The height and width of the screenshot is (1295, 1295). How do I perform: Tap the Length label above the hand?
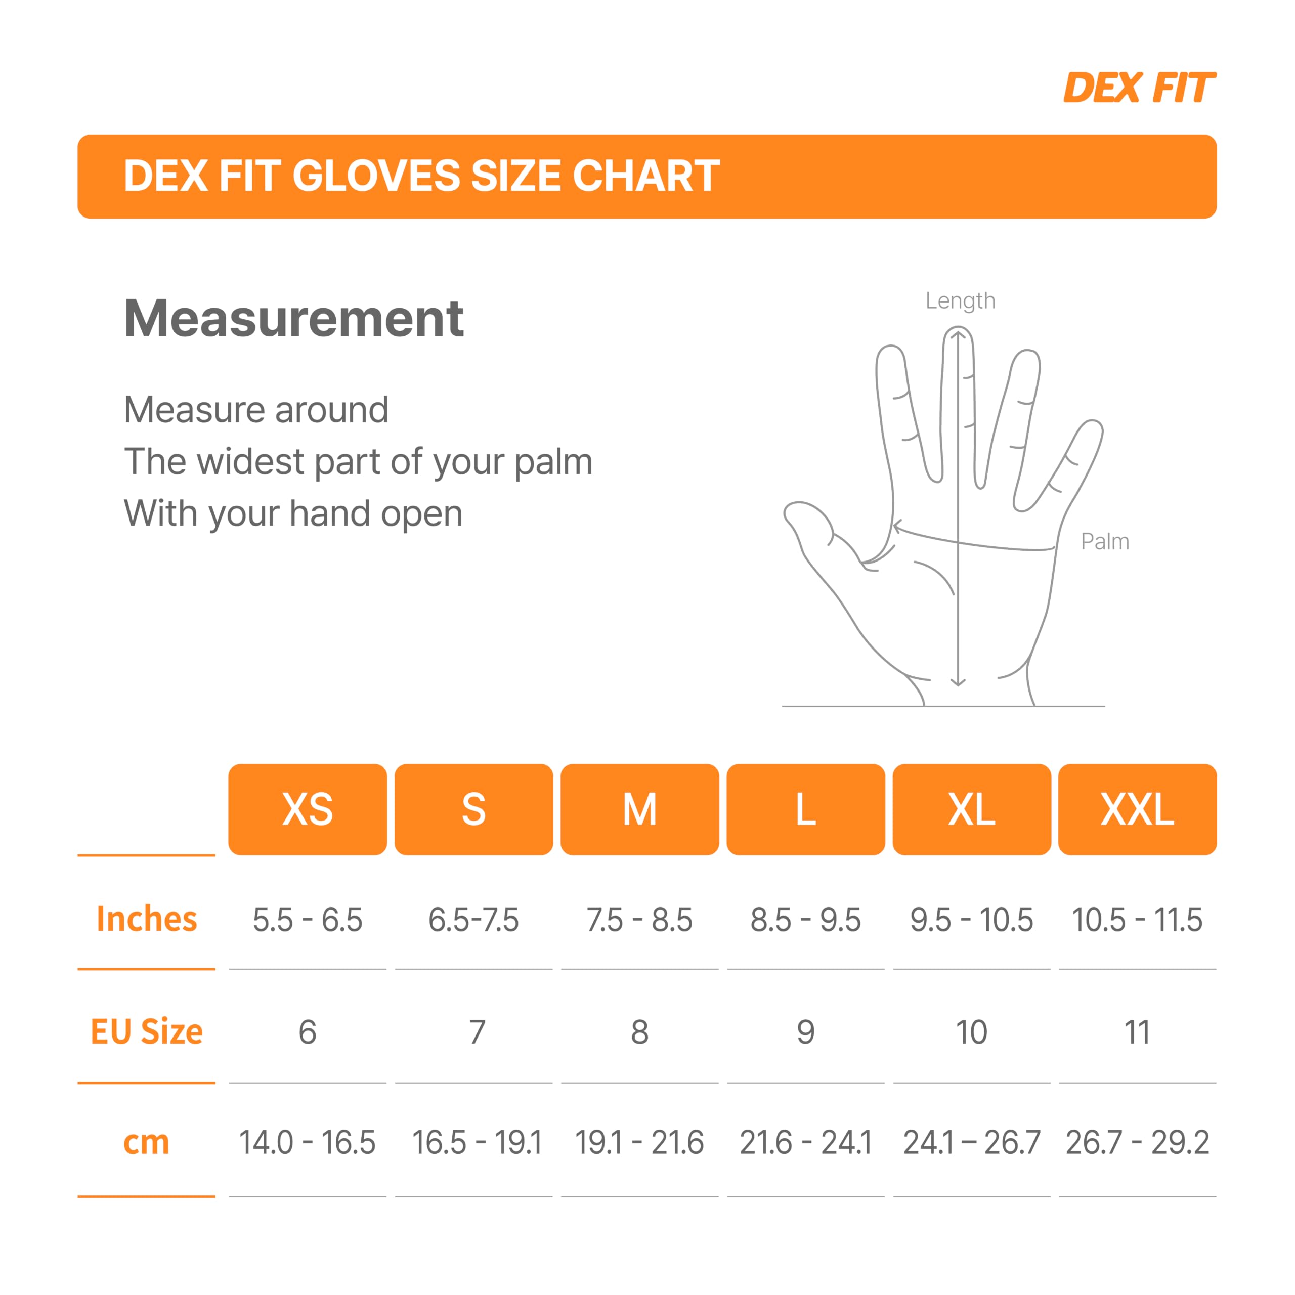(960, 301)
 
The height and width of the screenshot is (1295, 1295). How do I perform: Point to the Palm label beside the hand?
(1105, 542)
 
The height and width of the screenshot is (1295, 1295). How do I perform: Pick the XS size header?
(308, 809)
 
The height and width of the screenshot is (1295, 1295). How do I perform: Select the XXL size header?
(1138, 809)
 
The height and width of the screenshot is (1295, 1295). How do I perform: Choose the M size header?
(639, 809)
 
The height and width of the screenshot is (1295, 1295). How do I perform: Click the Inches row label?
(147, 919)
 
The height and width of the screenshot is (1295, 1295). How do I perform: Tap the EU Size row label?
(147, 1031)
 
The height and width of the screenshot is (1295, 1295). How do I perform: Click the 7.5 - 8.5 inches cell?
(639, 920)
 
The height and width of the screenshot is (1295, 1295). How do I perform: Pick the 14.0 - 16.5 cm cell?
(307, 1143)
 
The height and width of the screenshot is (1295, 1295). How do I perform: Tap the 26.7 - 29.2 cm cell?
(1138, 1143)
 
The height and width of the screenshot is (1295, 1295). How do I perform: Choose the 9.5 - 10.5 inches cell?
(971, 920)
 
